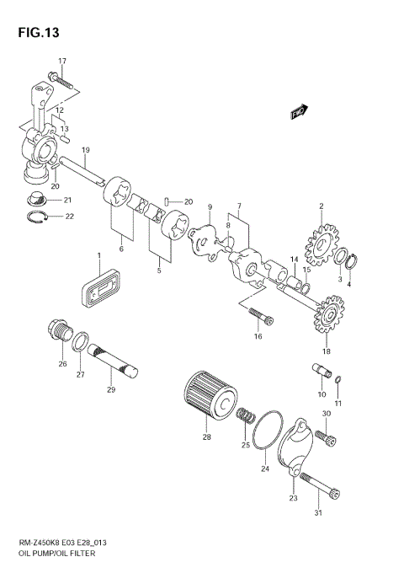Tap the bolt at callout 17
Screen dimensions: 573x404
coord(63,83)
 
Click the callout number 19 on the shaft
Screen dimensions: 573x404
coord(86,149)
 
